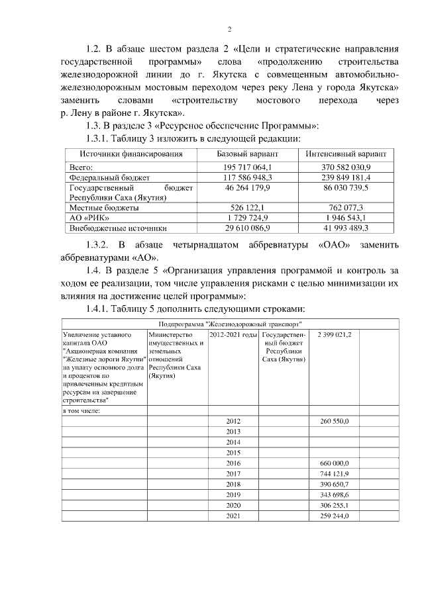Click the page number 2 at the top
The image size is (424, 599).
(x=229, y=28)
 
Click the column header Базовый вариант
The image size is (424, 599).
(x=247, y=154)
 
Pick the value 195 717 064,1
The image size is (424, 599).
(x=247, y=168)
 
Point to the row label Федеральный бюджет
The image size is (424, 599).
(x=110, y=178)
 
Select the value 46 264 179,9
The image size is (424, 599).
(x=247, y=188)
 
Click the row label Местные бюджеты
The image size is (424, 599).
(x=105, y=208)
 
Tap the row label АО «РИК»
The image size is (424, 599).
(x=86, y=218)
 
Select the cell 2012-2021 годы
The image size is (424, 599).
(x=233, y=335)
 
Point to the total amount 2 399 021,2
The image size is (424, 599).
(x=335, y=335)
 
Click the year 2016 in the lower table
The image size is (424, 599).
(x=233, y=463)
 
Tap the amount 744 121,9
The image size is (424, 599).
(x=334, y=473)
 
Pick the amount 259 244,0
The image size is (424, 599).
(x=334, y=516)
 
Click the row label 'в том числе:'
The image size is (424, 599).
(x=81, y=411)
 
